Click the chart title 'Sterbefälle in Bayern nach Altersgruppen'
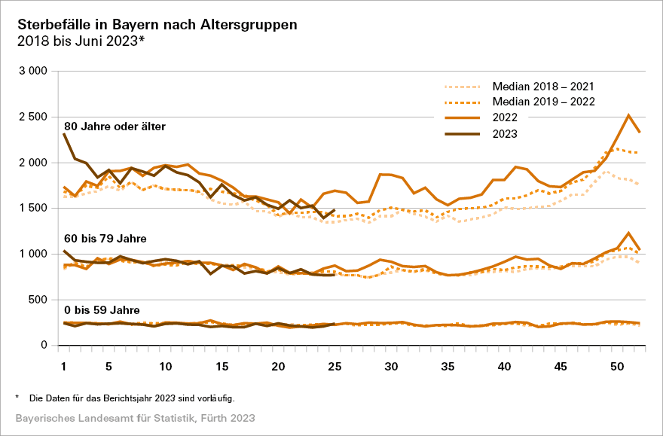[157, 24]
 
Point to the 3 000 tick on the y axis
[32, 71]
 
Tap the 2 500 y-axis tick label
[32, 117]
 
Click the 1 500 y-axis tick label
[32, 209]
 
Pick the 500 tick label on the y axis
[38, 300]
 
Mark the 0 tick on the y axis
[44, 346]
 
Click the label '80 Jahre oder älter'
[115, 126]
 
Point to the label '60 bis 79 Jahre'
[105, 239]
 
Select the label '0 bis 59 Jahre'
[102, 309]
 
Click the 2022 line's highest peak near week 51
[628, 115]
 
